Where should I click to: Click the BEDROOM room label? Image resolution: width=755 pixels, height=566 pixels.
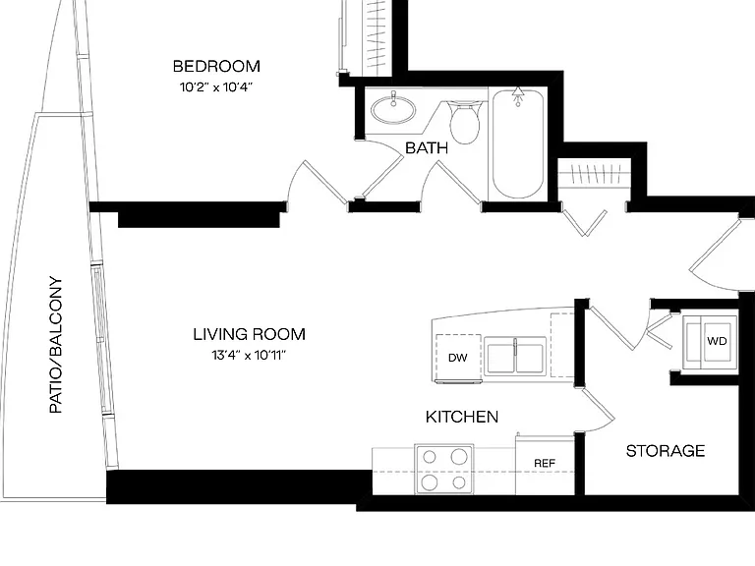coord(216,66)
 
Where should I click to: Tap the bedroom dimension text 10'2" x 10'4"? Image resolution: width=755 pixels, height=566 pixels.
coord(216,87)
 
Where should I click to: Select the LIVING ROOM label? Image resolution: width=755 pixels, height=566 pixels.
coord(250,334)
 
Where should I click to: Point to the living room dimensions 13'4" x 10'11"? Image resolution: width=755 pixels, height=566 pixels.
coord(249,355)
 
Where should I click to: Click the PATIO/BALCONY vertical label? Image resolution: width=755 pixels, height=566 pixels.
coord(56,345)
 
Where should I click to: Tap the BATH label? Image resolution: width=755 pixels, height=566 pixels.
coord(427,147)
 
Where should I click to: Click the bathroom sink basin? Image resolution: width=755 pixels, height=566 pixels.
coord(393,110)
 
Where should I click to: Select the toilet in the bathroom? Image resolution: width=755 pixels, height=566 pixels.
coord(465,122)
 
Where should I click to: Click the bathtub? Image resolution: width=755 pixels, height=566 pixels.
coord(518,143)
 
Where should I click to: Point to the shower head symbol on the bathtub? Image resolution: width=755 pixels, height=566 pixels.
coord(518,96)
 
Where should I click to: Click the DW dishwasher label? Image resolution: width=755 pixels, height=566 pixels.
coord(457,358)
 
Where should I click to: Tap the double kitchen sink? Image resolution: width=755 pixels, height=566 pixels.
coord(515,357)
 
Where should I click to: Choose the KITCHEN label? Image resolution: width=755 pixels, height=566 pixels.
coord(462,417)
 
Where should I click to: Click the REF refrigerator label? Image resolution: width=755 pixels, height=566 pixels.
coord(545,463)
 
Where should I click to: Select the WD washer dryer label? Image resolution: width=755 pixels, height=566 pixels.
coord(717,341)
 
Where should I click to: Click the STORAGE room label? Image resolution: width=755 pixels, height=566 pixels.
coord(666,451)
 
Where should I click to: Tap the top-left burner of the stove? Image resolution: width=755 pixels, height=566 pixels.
coord(430,456)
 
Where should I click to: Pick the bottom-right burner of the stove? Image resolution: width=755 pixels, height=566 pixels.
coord(459,482)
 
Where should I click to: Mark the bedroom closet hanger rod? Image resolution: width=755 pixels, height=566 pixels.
coord(377,36)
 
